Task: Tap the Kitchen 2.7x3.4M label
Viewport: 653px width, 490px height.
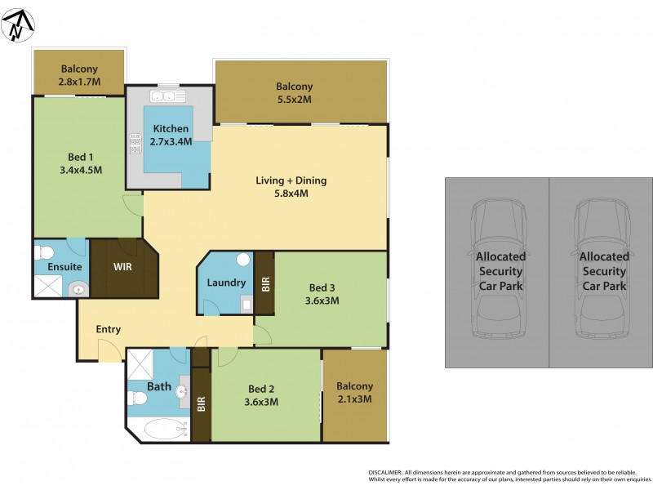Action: click(x=171, y=135)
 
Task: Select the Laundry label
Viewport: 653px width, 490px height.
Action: click(x=226, y=283)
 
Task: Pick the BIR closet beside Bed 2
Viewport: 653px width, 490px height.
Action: click(x=201, y=403)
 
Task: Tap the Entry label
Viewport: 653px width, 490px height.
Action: click(x=109, y=329)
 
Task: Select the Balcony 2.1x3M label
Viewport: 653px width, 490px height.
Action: click(x=354, y=393)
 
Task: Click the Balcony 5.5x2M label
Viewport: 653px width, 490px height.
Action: click(x=294, y=93)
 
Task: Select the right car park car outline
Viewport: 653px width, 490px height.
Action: click(x=604, y=271)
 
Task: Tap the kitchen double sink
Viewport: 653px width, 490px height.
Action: click(x=169, y=96)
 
